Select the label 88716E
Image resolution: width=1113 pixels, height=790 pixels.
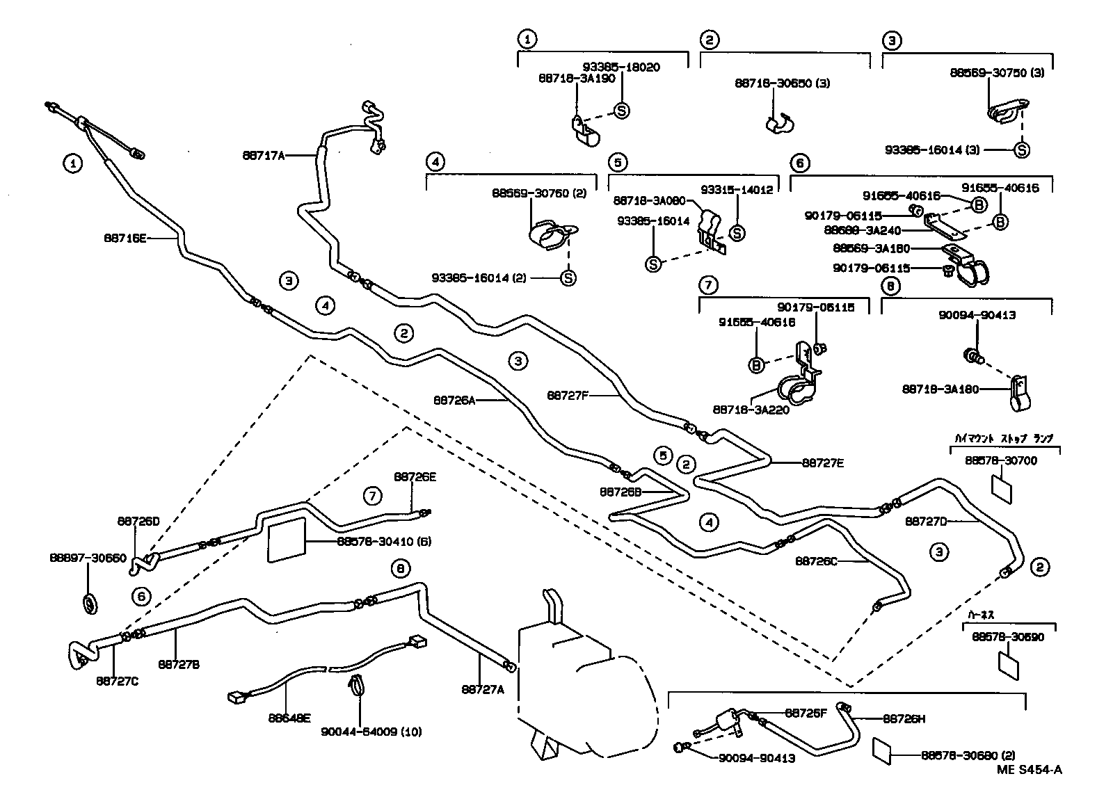point(125,238)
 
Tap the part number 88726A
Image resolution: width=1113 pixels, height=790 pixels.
point(454,400)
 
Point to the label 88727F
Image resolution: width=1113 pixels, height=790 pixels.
point(568,395)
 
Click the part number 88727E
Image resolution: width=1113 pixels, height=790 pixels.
point(822,462)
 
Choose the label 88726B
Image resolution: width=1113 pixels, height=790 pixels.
point(620,491)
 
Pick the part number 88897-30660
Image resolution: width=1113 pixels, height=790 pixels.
point(88,558)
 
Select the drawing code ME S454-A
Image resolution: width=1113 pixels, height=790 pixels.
point(1029,769)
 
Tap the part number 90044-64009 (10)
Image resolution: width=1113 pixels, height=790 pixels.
point(371,732)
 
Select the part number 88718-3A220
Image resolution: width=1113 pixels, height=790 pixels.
point(751,410)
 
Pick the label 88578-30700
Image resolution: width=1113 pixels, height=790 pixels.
point(1001,460)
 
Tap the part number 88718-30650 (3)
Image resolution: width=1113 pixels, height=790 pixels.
point(782,83)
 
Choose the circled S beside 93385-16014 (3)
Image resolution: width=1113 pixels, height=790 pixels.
point(1021,150)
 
